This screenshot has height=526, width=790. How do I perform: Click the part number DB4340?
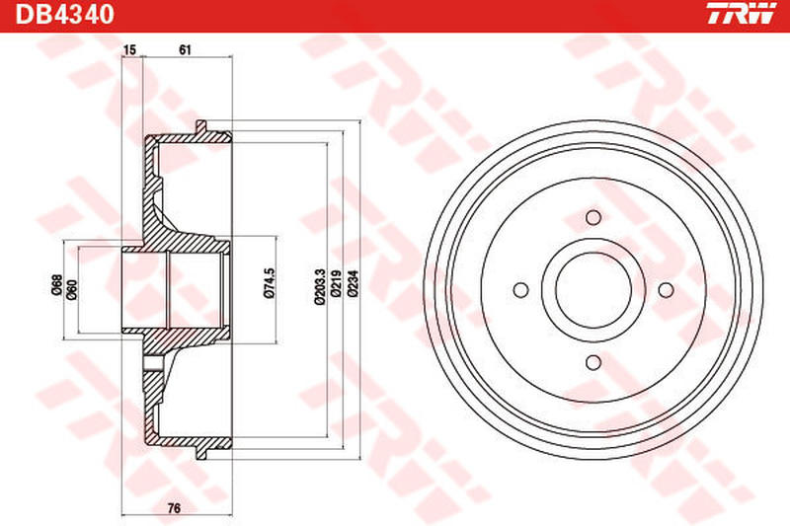tap(64, 14)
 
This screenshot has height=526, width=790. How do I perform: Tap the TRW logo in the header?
tap(743, 14)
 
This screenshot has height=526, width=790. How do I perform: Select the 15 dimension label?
tap(129, 49)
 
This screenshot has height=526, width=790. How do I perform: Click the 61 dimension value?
tap(185, 49)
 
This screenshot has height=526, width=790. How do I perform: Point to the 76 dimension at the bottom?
tap(174, 508)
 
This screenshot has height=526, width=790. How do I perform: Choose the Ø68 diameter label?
tap(56, 284)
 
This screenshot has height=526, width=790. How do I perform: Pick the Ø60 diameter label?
tap(72, 290)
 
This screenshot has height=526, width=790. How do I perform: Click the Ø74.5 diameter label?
tap(270, 284)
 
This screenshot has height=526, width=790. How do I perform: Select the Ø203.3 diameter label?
tap(320, 287)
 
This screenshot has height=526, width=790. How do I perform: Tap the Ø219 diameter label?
tap(336, 286)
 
